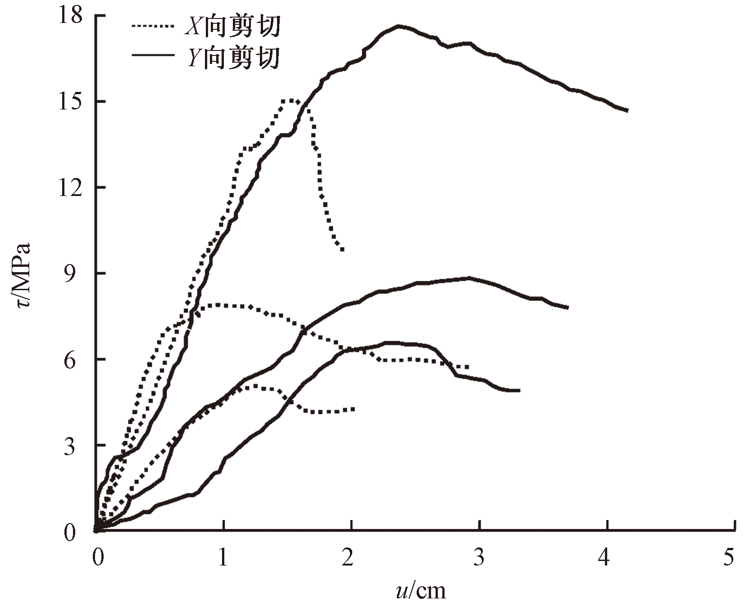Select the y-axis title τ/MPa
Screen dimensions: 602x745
click(x=22, y=274)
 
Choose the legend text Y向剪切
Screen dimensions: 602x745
click(x=233, y=58)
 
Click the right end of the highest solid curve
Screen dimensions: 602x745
click(x=627, y=110)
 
